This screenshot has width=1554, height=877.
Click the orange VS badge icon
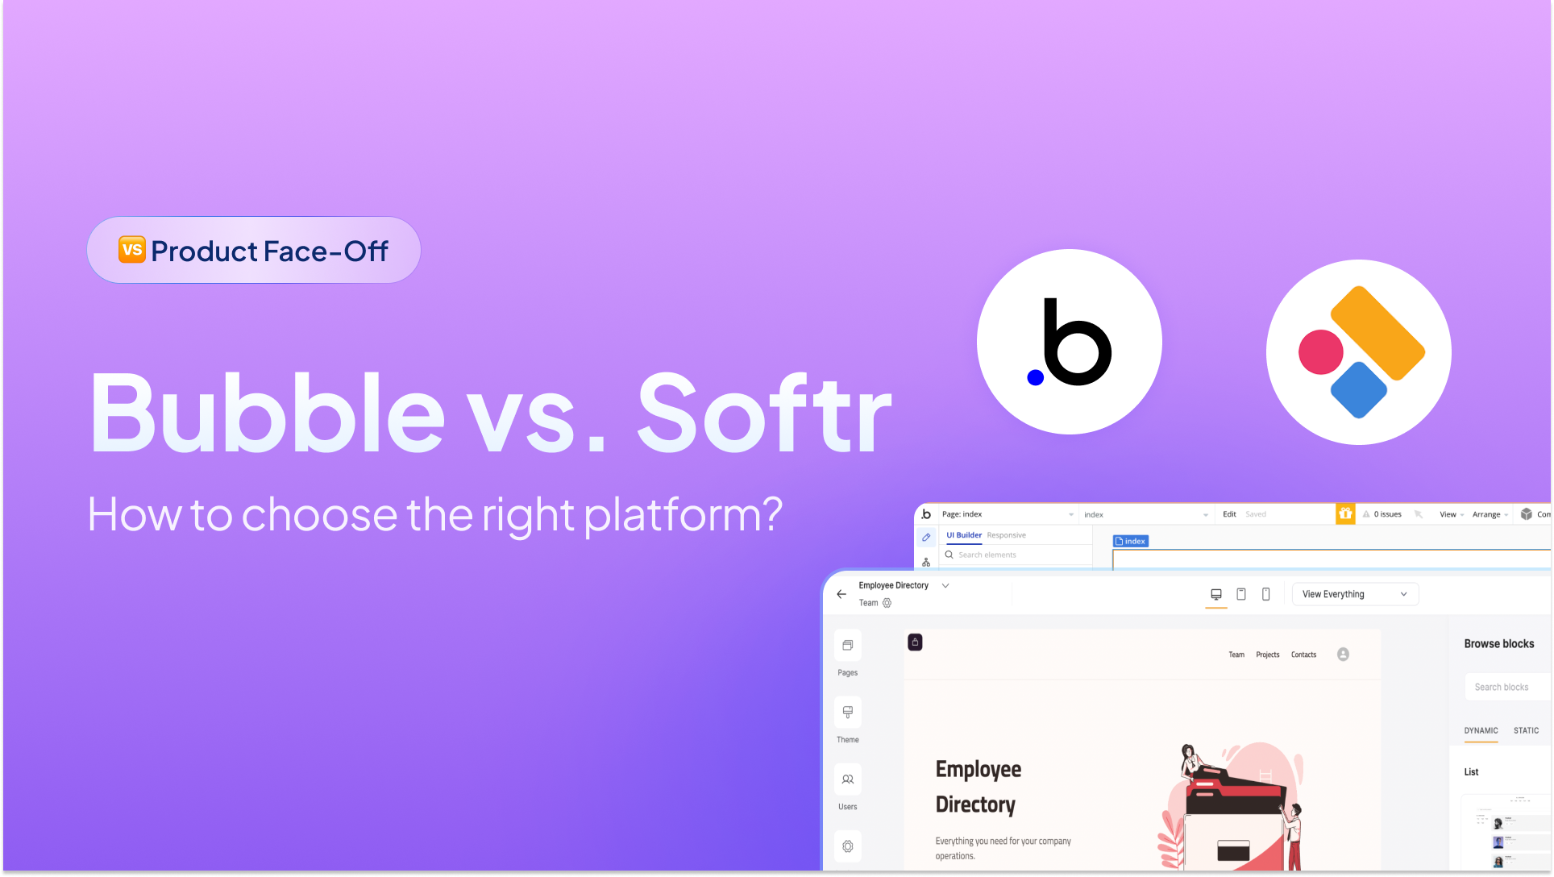coord(132,250)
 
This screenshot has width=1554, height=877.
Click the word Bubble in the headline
coord(266,413)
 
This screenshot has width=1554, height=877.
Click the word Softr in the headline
coord(764,413)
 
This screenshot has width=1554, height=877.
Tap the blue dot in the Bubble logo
coord(1036,377)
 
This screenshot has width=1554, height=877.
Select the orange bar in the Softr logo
coord(1377,332)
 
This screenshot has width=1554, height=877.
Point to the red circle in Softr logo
coord(1320,352)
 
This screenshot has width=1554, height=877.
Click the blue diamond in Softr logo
coord(1359,390)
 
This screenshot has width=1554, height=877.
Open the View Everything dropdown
coord(1354,594)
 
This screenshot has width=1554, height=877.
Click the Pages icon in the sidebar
coord(847,646)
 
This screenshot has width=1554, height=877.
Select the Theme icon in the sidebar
coord(847,713)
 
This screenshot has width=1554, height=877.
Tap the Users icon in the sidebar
coord(847,779)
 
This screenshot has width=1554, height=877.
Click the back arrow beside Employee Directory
coord(841,594)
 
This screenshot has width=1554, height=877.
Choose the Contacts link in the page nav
coord(1303,655)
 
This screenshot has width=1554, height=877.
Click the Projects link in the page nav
coord(1267,655)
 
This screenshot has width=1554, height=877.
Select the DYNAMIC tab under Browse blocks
coord(1481,730)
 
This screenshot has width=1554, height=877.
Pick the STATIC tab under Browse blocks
coord(1526,730)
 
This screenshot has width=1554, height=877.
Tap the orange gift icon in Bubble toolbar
coord(1345,513)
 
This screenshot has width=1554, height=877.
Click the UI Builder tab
coord(963,535)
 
